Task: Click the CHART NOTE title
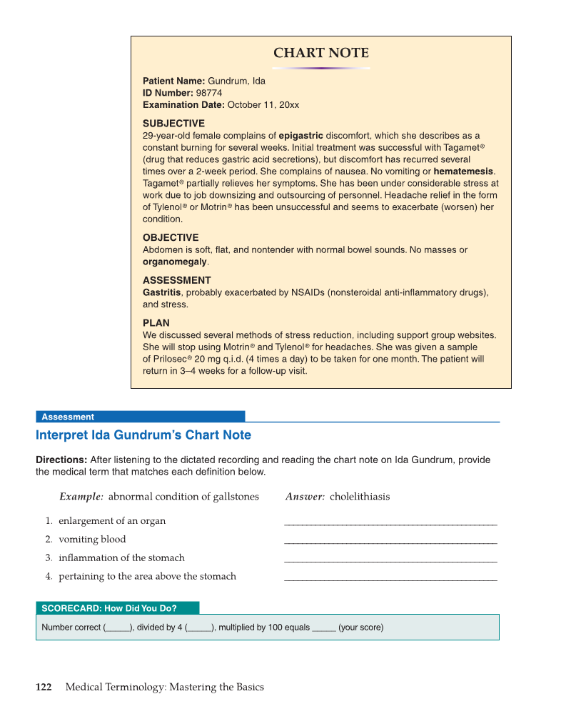pyautogui.click(x=321, y=54)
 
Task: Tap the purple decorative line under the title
pyautogui.click(x=321, y=69)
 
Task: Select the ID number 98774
pyautogui.click(x=208, y=93)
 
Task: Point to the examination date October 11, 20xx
pyautogui.click(x=263, y=105)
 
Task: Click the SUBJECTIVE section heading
pyautogui.click(x=173, y=123)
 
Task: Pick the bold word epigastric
pyautogui.click(x=300, y=135)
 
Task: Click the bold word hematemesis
pyautogui.click(x=463, y=172)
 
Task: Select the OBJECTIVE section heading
pyautogui.click(x=171, y=237)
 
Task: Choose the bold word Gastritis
pyautogui.click(x=162, y=292)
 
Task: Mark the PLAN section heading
pyautogui.click(x=156, y=322)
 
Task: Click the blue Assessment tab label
pyautogui.click(x=68, y=417)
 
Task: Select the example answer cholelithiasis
pyautogui.click(x=360, y=497)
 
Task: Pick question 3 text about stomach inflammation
pyautogui.click(x=121, y=557)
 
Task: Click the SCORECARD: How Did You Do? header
pyautogui.click(x=109, y=608)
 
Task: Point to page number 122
pyautogui.click(x=44, y=687)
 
